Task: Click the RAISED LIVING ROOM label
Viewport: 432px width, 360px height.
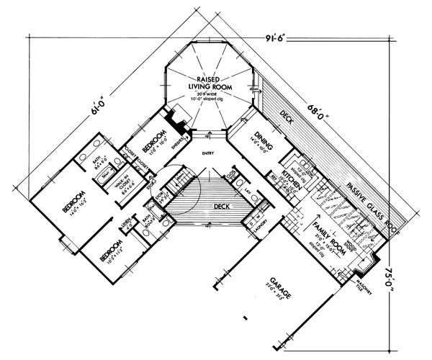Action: pyautogui.click(x=209, y=81)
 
